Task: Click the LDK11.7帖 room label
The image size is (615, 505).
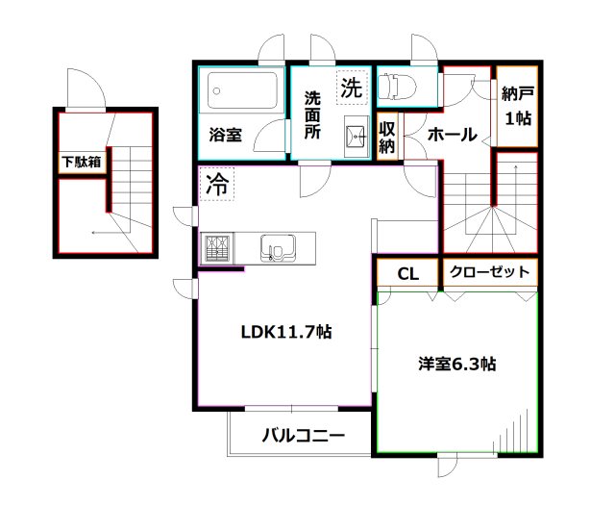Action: point(286,333)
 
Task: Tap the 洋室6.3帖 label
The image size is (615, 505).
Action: point(456,365)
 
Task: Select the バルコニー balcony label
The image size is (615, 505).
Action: point(303,436)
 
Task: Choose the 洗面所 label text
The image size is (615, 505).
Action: point(313,116)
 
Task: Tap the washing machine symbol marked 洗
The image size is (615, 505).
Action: point(351,88)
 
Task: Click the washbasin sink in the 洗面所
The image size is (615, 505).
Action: point(355,134)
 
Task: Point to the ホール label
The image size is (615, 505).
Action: point(452,136)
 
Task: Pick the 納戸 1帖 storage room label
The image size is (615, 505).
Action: point(517,107)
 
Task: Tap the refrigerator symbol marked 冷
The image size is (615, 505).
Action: point(216,185)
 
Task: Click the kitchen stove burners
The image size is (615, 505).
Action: point(216,249)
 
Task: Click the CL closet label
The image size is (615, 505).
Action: point(408,274)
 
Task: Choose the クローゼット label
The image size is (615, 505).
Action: point(489,272)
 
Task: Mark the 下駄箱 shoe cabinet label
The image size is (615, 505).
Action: point(81,162)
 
